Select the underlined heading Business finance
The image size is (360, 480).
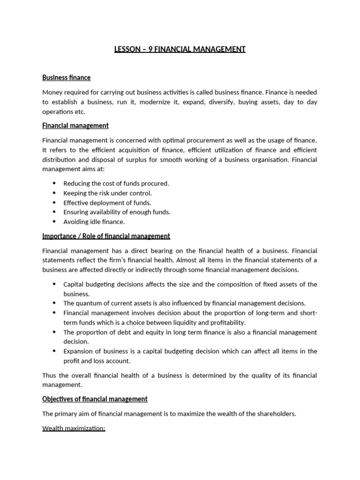[66, 77]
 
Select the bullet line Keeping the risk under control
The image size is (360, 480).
[107, 193]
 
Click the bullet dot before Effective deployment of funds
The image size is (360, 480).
[54, 203]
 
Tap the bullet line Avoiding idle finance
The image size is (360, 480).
[94, 222]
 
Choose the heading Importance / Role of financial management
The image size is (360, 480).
[106, 236]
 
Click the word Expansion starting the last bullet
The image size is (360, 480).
[78, 352]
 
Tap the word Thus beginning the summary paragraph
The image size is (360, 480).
[49, 375]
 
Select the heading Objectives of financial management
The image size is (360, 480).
[95, 399]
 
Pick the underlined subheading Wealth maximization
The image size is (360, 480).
[74, 428]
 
